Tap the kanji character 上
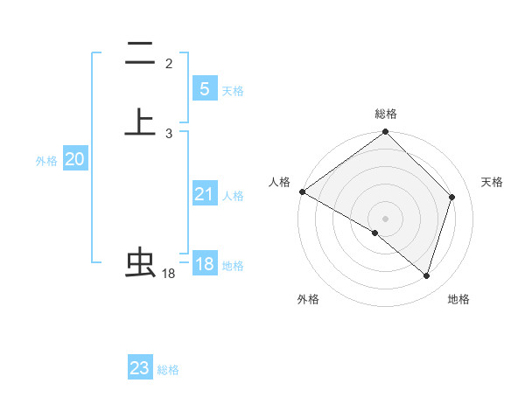click(x=140, y=122)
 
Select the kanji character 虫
click(x=140, y=262)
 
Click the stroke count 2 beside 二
click(x=169, y=63)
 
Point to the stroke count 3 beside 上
click(x=169, y=133)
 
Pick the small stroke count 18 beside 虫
click(x=169, y=274)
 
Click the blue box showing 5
click(x=204, y=89)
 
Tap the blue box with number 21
click(x=204, y=194)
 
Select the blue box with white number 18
click(x=204, y=264)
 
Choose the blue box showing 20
click(x=74, y=159)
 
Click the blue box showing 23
click(x=139, y=368)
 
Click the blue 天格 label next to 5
click(x=233, y=91)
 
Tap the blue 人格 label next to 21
click(x=233, y=196)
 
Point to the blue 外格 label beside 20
click(x=46, y=161)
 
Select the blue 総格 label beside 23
click(x=168, y=370)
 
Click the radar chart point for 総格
click(x=385, y=133)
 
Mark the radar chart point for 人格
click(x=302, y=192)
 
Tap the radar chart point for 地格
click(x=427, y=276)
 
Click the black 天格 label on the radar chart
click(x=492, y=182)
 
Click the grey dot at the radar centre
click(x=385, y=218)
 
